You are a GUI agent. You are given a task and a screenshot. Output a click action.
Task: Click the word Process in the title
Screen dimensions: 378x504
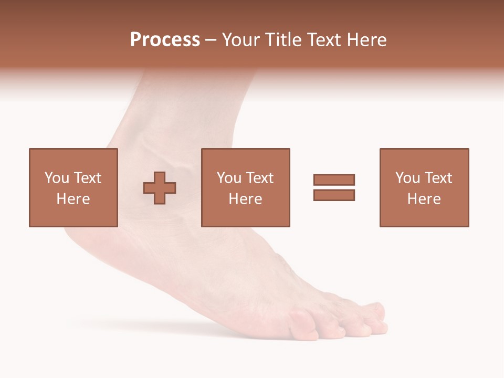point(165,40)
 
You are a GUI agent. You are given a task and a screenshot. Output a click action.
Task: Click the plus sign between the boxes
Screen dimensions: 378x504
point(160,188)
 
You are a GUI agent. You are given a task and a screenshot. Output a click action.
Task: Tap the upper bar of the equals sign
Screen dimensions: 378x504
point(334,180)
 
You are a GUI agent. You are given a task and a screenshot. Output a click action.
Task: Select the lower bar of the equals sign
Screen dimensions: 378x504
point(334,195)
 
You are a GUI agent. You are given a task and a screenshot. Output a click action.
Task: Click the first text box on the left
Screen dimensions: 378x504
point(73,187)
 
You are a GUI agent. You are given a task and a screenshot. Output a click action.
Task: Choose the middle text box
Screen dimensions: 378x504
point(245,187)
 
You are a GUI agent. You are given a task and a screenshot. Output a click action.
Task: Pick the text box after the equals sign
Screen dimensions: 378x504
point(424,187)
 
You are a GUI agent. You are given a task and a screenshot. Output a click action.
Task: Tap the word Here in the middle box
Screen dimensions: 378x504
point(245,199)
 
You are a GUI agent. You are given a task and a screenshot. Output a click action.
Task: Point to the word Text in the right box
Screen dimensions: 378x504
point(437,178)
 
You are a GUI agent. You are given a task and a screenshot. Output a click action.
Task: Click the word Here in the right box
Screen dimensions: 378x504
point(424,199)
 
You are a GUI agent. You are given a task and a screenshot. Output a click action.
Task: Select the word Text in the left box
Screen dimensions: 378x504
point(87,178)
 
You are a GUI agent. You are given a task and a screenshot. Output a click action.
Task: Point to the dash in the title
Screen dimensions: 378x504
point(211,40)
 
